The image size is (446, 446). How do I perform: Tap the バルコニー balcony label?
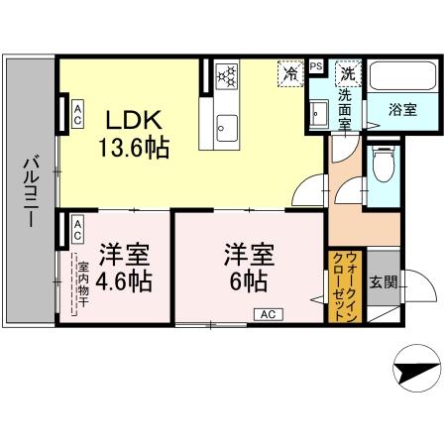pyautogui.click(x=31, y=190)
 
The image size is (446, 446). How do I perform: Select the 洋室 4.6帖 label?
pyautogui.click(x=124, y=268)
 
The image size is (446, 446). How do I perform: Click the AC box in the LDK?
pyautogui.click(x=75, y=111)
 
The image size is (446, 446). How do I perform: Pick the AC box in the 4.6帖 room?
pyautogui.click(x=75, y=230)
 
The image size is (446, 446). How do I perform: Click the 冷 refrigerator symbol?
pyautogui.click(x=290, y=73)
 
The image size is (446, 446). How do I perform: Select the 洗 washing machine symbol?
pyautogui.click(x=348, y=73)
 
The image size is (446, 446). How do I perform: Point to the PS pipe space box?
pyautogui.click(x=316, y=66)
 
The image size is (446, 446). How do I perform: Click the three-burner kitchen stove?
pyautogui.click(x=226, y=76)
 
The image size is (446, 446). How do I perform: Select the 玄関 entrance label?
pyautogui.click(x=384, y=281)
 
